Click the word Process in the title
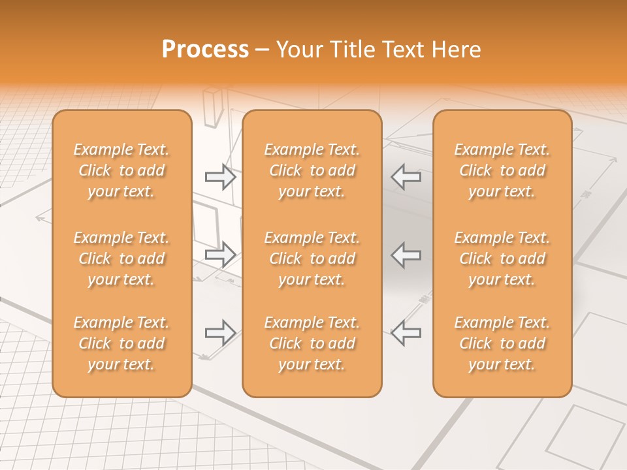pos(205,50)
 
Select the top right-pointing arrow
pos(220,177)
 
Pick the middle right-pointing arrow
pos(220,255)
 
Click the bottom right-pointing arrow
pos(220,333)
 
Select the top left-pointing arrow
pos(406,177)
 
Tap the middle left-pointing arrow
pos(406,255)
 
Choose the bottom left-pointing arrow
pos(406,333)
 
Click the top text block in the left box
pos(121,170)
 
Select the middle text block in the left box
pos(121,258)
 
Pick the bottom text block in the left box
pos(121,343)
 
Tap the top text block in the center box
pos(312,170)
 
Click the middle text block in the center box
pos(312,258)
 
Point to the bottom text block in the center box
pos(312,343)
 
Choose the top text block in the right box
pos(502,170)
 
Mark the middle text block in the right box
pos(502,258)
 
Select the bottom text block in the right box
pos(502,343)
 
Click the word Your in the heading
pos(299,50)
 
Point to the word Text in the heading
pos(404,50)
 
